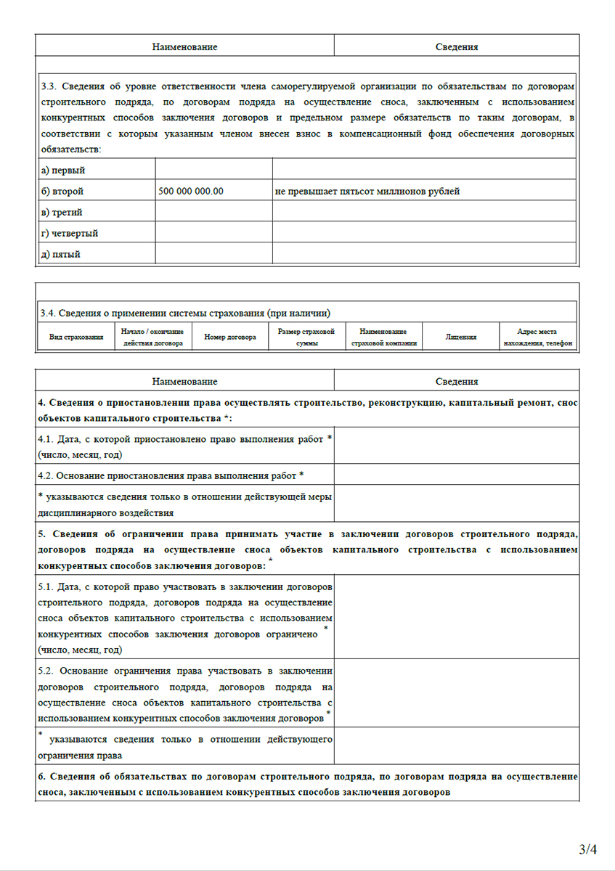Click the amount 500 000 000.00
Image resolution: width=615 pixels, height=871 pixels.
click(x=190, y=192)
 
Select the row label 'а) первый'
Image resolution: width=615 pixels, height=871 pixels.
click(x=63, y=171)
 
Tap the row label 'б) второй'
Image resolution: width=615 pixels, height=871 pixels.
click(x=62, y=192)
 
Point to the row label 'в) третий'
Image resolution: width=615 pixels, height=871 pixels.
click(x=62, y=213)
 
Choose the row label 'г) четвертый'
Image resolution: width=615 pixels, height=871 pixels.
click(x=70, y=233)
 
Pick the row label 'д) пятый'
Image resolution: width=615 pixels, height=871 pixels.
click(x=61, y=254)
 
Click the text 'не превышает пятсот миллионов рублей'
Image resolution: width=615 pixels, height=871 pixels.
click(x=367, y=192)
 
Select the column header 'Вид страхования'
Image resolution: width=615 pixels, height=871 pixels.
click(x=76, y=338)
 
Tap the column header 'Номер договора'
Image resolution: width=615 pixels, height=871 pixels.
click(x=230, y=338)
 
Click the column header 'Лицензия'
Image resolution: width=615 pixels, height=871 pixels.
click(x=461, y=338)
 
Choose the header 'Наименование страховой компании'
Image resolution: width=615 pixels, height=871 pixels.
click(x=383, y=338)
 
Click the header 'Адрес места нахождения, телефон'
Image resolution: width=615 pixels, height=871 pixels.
click(x=537, y=338)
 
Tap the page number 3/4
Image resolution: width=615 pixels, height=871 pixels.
click(x=587, y=848)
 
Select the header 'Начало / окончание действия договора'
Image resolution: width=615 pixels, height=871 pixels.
click(x=153, y=338)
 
